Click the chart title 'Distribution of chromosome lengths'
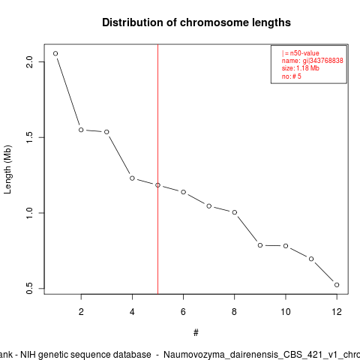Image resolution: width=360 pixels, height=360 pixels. (x=196, y=22)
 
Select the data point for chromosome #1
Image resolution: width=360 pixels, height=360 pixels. (x=55, y=53)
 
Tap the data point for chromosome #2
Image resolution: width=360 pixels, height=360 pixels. (x=81, y=130)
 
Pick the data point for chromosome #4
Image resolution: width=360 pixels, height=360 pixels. (x=132, y=178)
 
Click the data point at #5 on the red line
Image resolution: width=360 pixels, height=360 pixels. (x=157, y=185)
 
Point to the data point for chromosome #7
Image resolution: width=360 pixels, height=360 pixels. (x=209, y=206)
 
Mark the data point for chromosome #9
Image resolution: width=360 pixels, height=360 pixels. (x=260, y=245)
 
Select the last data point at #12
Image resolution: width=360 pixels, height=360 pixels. (x=337, y=285)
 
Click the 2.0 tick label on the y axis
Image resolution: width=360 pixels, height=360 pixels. (x=29, y=61)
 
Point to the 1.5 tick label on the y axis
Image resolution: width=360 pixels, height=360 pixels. (x=29, y=137)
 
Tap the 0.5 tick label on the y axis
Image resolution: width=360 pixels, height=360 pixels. (x=29, y=288)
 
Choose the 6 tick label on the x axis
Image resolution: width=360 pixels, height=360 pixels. (x=183, y=312)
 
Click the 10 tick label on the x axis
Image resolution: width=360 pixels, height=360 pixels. (x=286, y=312)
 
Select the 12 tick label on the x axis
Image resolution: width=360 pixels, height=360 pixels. (x=337, y=312)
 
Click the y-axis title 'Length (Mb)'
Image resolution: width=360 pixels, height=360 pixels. (x=7, y=169)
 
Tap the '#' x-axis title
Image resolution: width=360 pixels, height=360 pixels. (x=196, y=333)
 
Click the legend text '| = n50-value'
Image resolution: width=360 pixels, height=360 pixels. (x=301, y=53)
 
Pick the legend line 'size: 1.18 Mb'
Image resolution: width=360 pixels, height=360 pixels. (x=301, y=68)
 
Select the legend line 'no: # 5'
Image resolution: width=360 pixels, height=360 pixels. (x=292, y=76)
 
